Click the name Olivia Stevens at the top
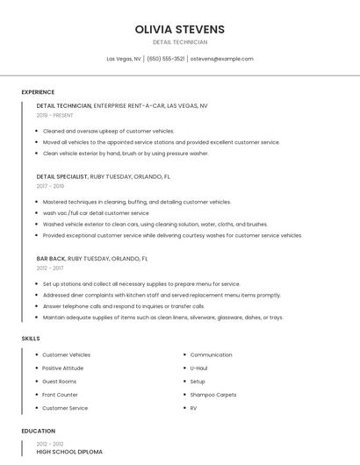point(180,29)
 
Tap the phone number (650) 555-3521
point(165,59)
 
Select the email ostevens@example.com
point(221,59)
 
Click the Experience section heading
point(38,92)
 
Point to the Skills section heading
point(31,338)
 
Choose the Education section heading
point(39,431)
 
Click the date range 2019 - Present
point(54,115)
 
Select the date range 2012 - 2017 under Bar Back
point(50,268)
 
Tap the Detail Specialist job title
point(62,176)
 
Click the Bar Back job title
point(51,259)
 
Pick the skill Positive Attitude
point(63,368)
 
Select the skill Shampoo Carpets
point(213,395)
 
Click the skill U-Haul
point(198,368)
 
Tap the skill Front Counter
point(61,395)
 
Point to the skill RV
point(194,408)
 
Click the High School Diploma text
point(69,452)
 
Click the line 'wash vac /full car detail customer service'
point(96,212)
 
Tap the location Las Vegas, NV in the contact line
point(124,59)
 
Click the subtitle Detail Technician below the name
point(180,42)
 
